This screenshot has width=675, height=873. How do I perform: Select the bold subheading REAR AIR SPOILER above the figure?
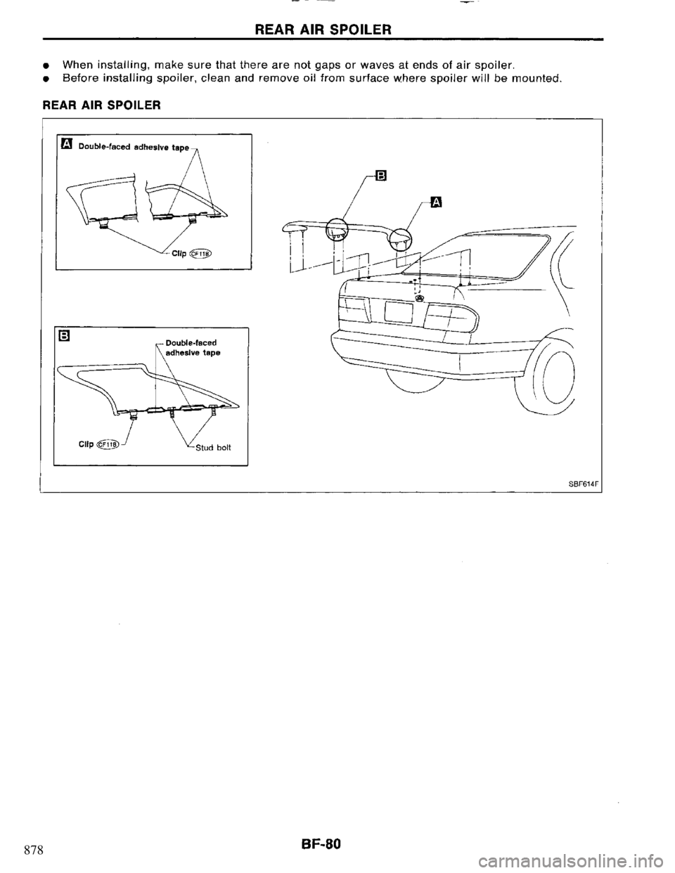(115, 105)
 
